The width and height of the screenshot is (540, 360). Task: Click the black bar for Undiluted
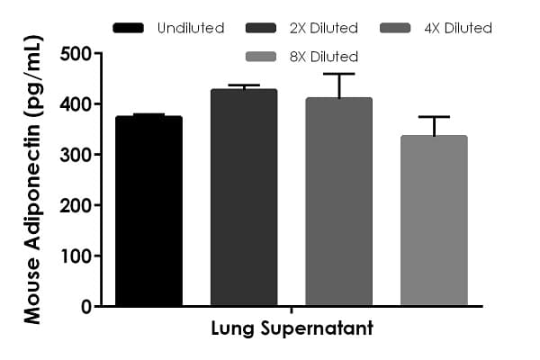click(148, 211)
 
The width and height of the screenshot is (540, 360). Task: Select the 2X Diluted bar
click(244, 198)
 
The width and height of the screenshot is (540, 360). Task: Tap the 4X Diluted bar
click(338, 202)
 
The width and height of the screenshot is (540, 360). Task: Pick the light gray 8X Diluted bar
click(434, 221)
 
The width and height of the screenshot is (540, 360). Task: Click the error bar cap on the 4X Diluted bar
click(338, 74)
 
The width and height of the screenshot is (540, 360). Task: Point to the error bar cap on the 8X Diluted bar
click(434, 117)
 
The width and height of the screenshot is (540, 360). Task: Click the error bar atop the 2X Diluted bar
click(244, 85)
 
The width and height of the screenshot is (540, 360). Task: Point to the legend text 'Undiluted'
click(191, 28)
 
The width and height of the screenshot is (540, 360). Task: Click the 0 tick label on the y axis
click(85, 306)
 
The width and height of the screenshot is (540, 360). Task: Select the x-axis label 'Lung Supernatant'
click(292, 329)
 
